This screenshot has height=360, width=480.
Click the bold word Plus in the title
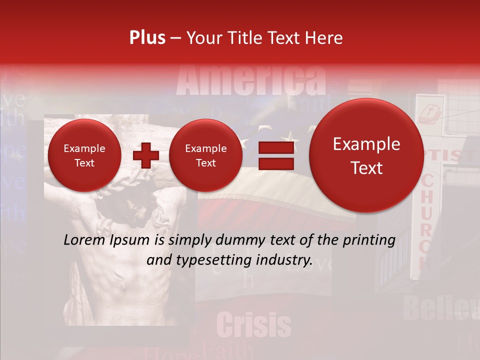pyautogui.click(x=147, y=38)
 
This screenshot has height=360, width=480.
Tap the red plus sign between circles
pyautogui.click(x=145, y=155)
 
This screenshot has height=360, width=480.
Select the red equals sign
pyautogui.click(x=275, y=155)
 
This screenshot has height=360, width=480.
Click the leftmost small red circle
pyautogui.click(x=84, y=155)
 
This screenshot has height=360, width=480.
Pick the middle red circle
pyautogui.click(x=205, y=155)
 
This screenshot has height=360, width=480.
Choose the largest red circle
pyautogui.click(x=366, y=155)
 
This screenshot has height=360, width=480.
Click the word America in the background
pyautogui.click(x=251, y=80)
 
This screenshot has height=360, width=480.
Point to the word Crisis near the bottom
pyautogui.click(x=254, y=325)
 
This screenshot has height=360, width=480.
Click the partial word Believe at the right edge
pyautogui.click(x=440, y=307)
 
